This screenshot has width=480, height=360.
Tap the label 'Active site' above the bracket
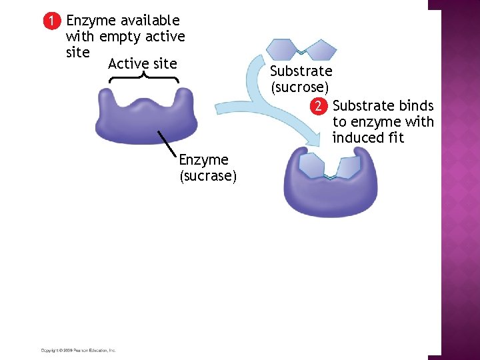pyautogui.click(x=142, y=64)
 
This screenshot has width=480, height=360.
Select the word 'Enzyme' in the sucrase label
pyautogui.click(x=203, y=160)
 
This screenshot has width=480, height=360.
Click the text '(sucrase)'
pyautogui.click(x=208, y=176)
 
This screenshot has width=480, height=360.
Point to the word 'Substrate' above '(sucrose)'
pyautogui.click(x=301, y=71)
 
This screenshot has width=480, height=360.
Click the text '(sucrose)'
pyautogui.click(x=299, y=87)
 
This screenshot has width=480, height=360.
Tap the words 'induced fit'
pyautogui.click(x=368, y=139)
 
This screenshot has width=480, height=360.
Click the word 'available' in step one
pyautogui.click(x=149, y=21)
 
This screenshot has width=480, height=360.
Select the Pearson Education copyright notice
pyautogui.click(x=78, y=350)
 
